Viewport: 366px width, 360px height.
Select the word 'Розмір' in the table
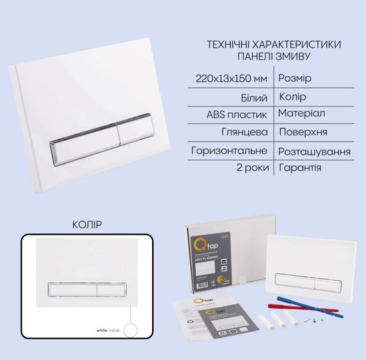click(295, 78)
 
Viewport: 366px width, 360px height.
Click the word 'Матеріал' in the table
click(302, 113)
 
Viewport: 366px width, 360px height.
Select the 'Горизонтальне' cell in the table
click(230, 151)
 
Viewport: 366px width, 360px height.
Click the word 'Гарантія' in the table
click(301, 168)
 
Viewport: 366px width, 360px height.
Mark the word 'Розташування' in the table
click(315, 152)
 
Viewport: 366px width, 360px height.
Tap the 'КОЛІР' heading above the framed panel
click(87, 224)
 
